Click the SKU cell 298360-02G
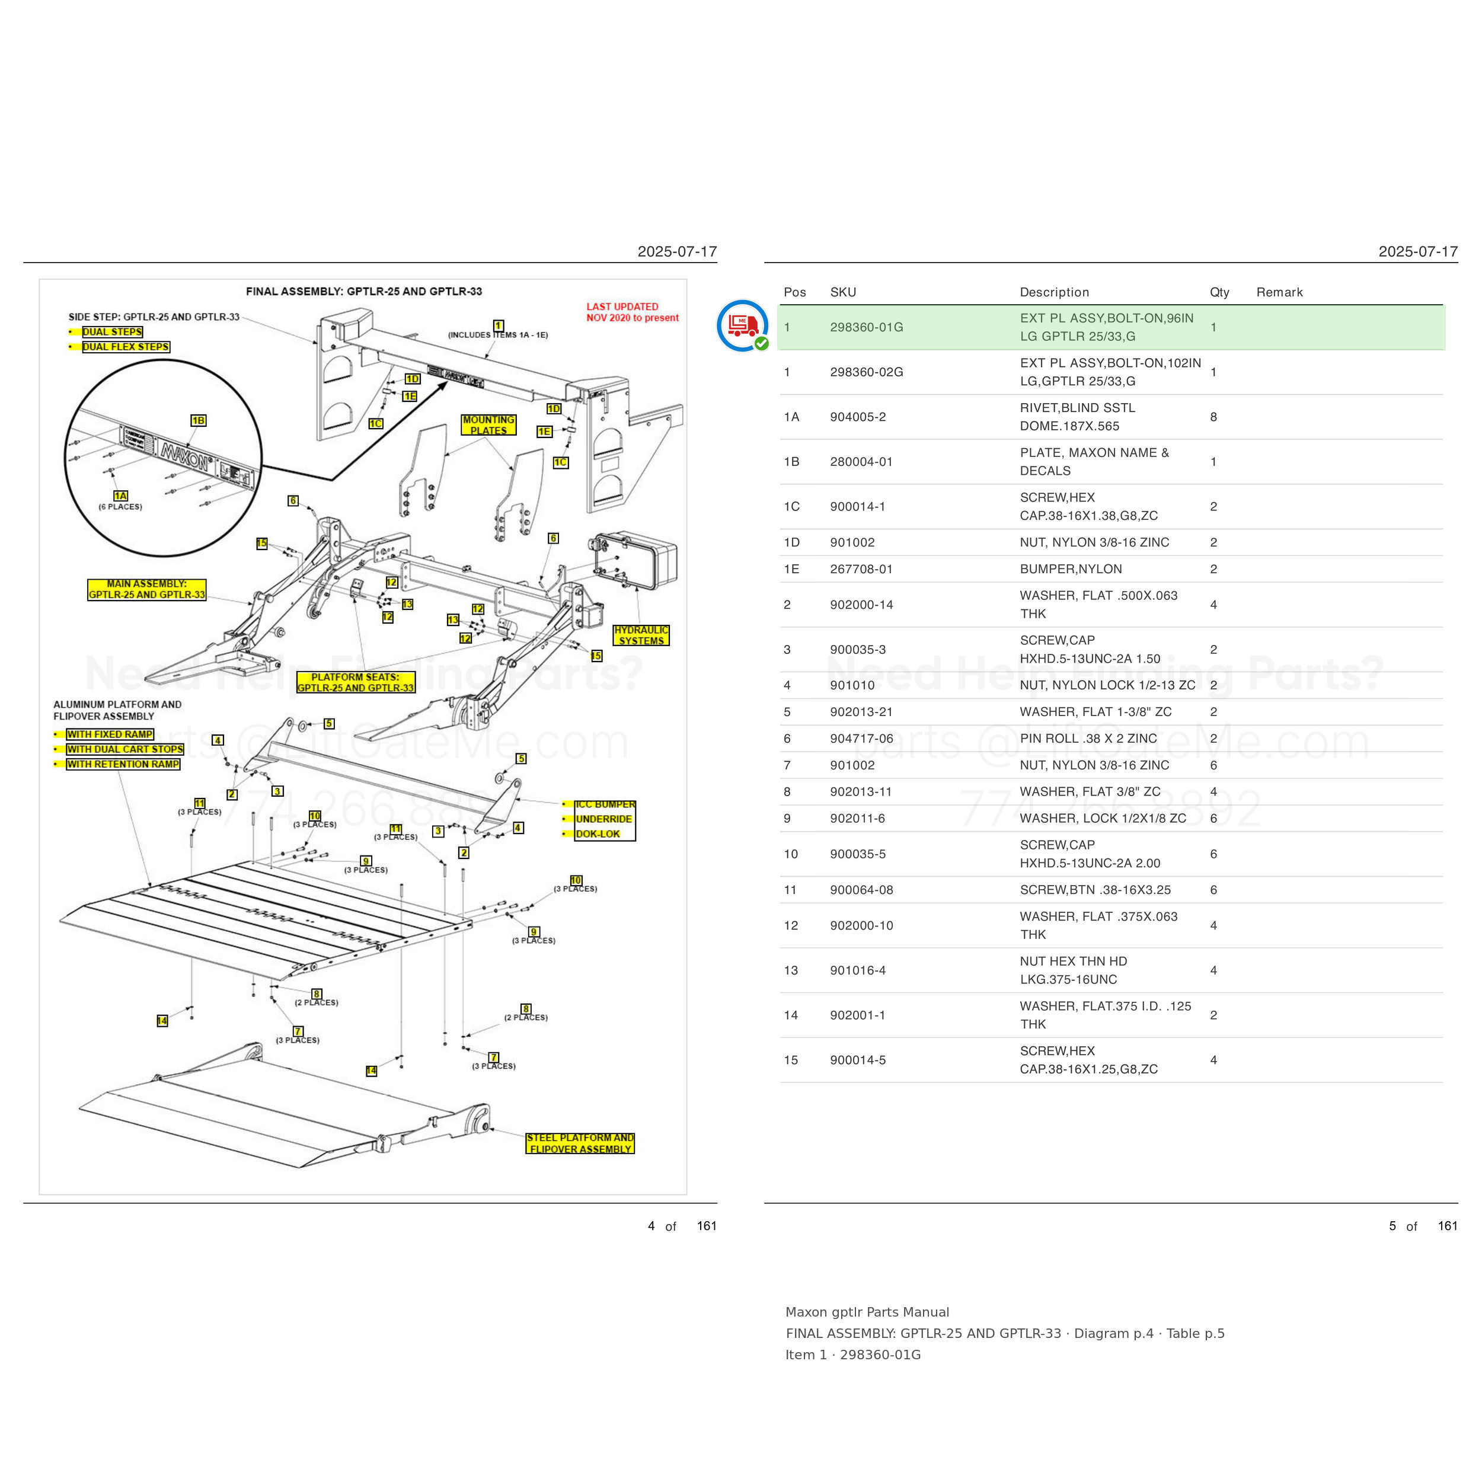(866, 372)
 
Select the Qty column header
(1219, 292)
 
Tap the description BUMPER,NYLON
(1070, 569)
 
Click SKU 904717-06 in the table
(861, 739)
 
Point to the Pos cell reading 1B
(791, 462)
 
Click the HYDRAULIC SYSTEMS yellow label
(641, 635)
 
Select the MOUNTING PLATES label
(488, 425)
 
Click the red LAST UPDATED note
(632, 312)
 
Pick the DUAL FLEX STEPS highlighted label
(126, 347)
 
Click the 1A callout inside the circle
(120, 496)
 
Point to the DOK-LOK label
(598, 834)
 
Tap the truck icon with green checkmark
(743, 325)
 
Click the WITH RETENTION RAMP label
(123, 764)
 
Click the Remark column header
(1279, 292)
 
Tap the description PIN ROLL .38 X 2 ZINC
(1088, 739)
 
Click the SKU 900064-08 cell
(861, 890)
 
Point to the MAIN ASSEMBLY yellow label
(146, 589)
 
